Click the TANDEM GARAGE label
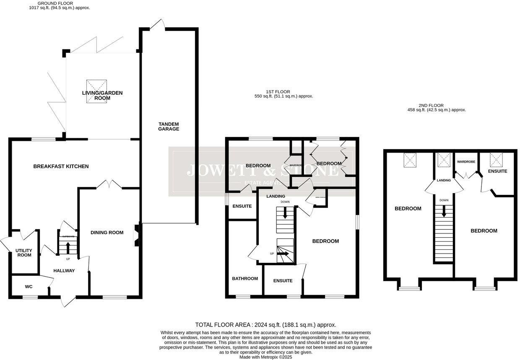169,126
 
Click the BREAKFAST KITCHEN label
61,166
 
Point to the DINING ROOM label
107,233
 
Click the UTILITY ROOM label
23,253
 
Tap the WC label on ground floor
29,287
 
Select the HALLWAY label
64,271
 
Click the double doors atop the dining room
108,184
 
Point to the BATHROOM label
245,278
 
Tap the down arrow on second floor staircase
444,212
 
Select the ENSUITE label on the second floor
497,171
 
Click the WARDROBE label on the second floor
465,161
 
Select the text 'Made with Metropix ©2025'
265,357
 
